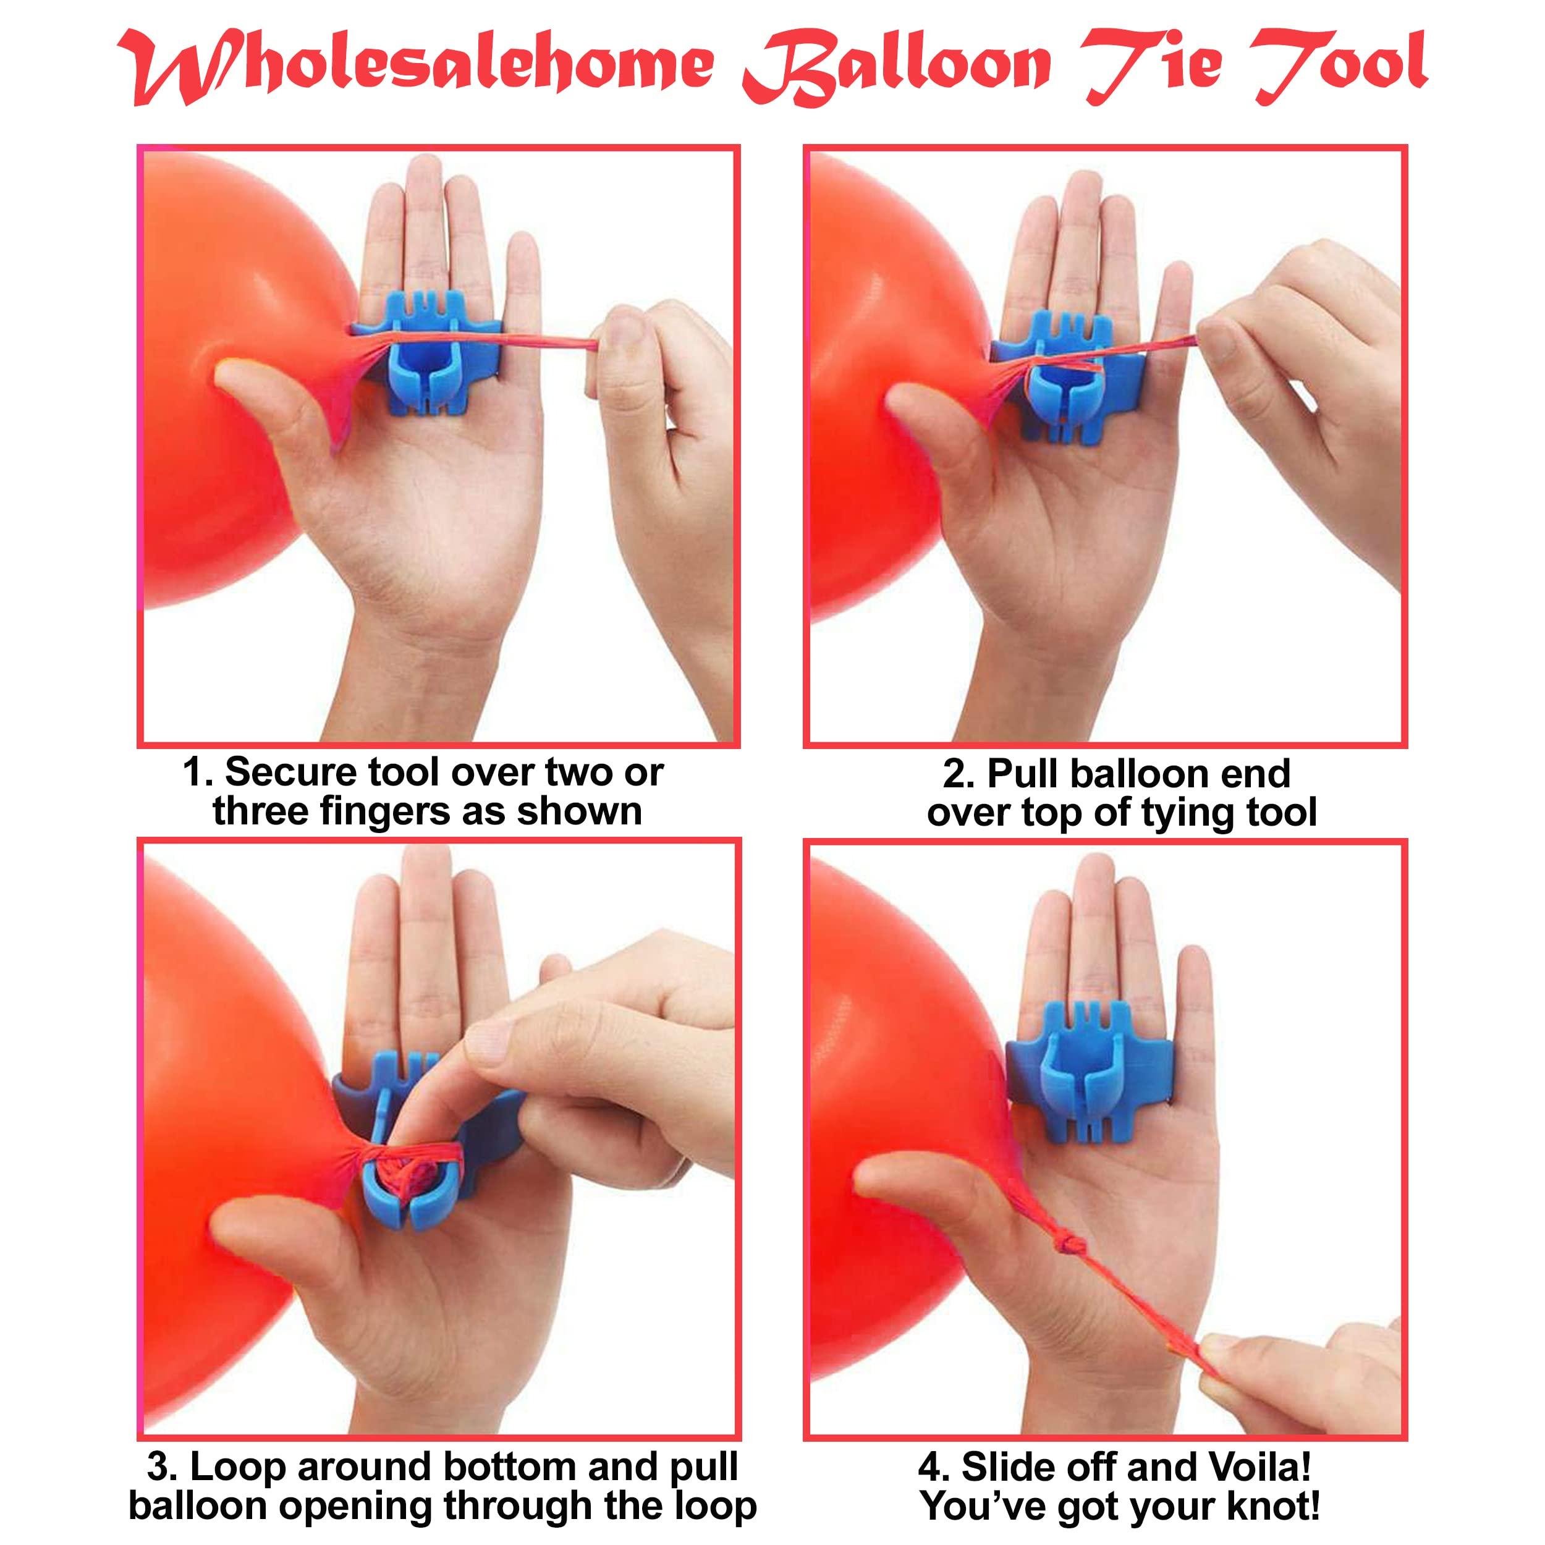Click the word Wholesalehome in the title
point(416,67)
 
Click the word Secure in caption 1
point(290,773)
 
